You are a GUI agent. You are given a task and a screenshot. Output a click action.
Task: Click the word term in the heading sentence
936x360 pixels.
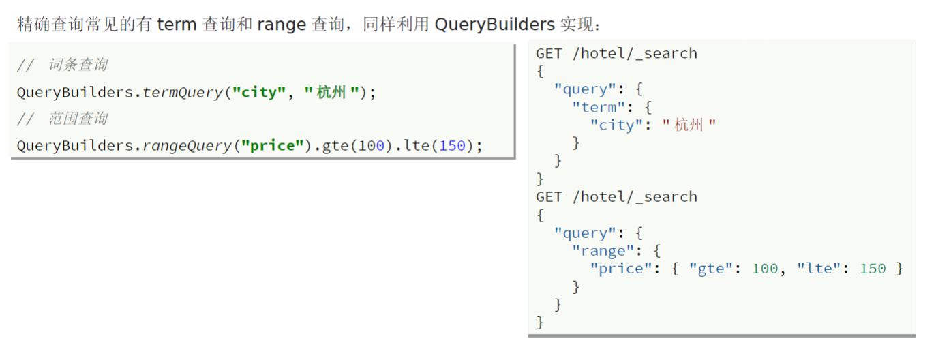coord(177,25)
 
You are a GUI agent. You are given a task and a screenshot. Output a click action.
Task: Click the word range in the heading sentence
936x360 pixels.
coord(282,25)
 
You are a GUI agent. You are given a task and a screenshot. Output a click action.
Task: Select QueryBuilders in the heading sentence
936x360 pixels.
coord(494,25)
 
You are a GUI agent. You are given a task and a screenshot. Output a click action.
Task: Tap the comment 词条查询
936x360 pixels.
coord(78,65)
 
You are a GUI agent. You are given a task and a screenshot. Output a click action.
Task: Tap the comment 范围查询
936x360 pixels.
coord(78,119)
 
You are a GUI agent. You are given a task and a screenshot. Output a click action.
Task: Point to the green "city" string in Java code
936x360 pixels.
coord(259,92)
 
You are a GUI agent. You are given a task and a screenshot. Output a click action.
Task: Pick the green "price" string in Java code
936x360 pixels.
coord(272,146)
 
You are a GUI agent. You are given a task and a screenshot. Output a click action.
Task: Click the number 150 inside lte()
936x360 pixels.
coord(452,146)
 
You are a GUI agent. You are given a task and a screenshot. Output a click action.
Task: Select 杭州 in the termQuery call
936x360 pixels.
coord(332,92)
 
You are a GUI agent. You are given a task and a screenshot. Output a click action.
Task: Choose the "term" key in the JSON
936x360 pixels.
coord(599,107)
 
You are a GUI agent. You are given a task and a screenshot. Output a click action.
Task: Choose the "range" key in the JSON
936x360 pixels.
coord(603,251)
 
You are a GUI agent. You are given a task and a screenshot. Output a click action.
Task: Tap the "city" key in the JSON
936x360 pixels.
coord(616,125)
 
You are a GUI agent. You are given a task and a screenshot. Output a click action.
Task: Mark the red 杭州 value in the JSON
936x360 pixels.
coord(689,125)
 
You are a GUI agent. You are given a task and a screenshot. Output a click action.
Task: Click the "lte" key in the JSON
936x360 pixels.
coord(818,269)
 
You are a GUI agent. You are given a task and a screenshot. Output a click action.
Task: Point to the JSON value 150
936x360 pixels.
coord(873,269)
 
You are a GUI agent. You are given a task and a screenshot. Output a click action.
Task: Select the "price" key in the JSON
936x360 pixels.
coord(621,269)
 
